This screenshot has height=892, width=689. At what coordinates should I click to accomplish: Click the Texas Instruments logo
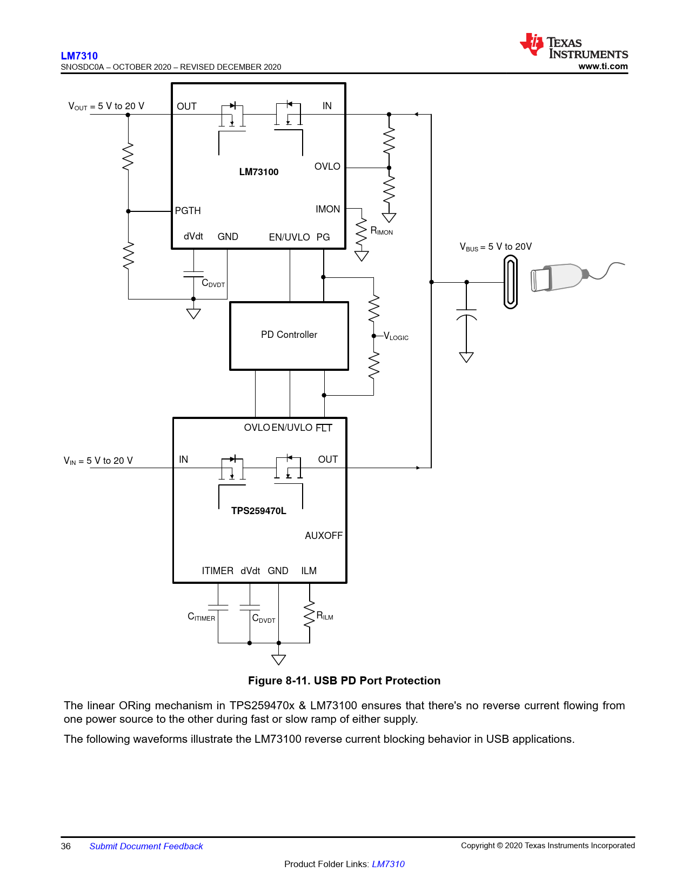pyautogui.click(x=573, y=45)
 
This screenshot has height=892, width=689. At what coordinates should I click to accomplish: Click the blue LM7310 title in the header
pyautogui.click(x=79, y=56)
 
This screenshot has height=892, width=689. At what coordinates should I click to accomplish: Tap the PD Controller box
pyautogui.click(x=289, y=336)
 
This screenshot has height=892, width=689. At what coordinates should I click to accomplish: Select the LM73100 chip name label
pyautogui.click(x=258, y=171)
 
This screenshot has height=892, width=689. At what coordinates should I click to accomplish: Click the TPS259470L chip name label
pyautogui.click(x=258, y=511)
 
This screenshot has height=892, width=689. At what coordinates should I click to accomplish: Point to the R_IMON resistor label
pyautogui.click(x=381, y=231)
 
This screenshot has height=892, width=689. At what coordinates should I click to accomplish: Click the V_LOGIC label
pyautogui.click(x=396, y=337)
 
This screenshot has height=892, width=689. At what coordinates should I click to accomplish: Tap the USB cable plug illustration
pyautogui.click(x=577, y=276)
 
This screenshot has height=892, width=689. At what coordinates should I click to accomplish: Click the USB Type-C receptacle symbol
pyautogui.click(x=510, y=282)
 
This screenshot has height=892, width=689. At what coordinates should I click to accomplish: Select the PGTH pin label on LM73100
pyautogui.click(x=188, y=211)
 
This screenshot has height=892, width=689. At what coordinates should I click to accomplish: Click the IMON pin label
pyautogui.click(x=327, y=209)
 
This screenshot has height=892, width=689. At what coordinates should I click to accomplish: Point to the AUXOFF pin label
pyautogui.click(x=323, y=535)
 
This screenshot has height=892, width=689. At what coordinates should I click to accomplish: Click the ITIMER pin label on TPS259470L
pyautogui.click(x=217, y=570)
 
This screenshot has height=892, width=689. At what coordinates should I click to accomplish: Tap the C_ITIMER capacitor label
pyautogui.click(x=201, y=616)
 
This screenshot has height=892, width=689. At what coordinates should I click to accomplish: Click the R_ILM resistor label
pyautogui.click(x=325, y=616)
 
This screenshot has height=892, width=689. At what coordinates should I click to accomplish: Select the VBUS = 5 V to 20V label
pyautogui.click(x=496, y=247)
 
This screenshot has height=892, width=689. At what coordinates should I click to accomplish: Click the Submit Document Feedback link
pyautogui.click(x=146, y=846)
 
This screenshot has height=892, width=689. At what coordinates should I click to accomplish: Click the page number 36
pyautogui.click(x=66, y=846)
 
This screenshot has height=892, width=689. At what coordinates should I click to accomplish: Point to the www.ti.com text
pyautogui.click(x=603, y=66)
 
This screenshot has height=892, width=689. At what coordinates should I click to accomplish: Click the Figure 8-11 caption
pyautogui.click(x=344, y=681)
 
